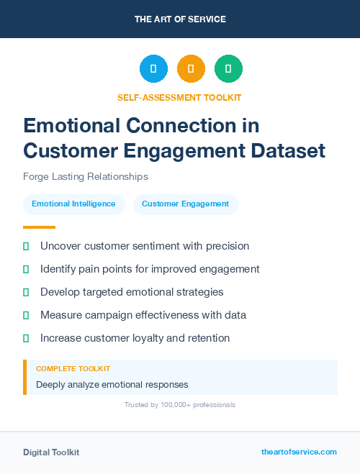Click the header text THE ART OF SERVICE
(x=180, y=19)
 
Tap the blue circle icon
(x=153, y=69)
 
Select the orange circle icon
(x=191, y=69)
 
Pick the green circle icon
(x=228, y=69)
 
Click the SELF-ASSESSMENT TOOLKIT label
(x=179, y=97)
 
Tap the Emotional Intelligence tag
(x=73, y=204)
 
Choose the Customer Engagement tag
(x=185, y=204)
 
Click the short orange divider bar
(x=39, y=227)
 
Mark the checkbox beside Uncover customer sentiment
(x=26, y=246)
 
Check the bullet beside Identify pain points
(x=26, y=269)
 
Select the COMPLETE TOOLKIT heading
(x=73, y=368)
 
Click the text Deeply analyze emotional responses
(x=112, y=384)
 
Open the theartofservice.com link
(x=299, y=452)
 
